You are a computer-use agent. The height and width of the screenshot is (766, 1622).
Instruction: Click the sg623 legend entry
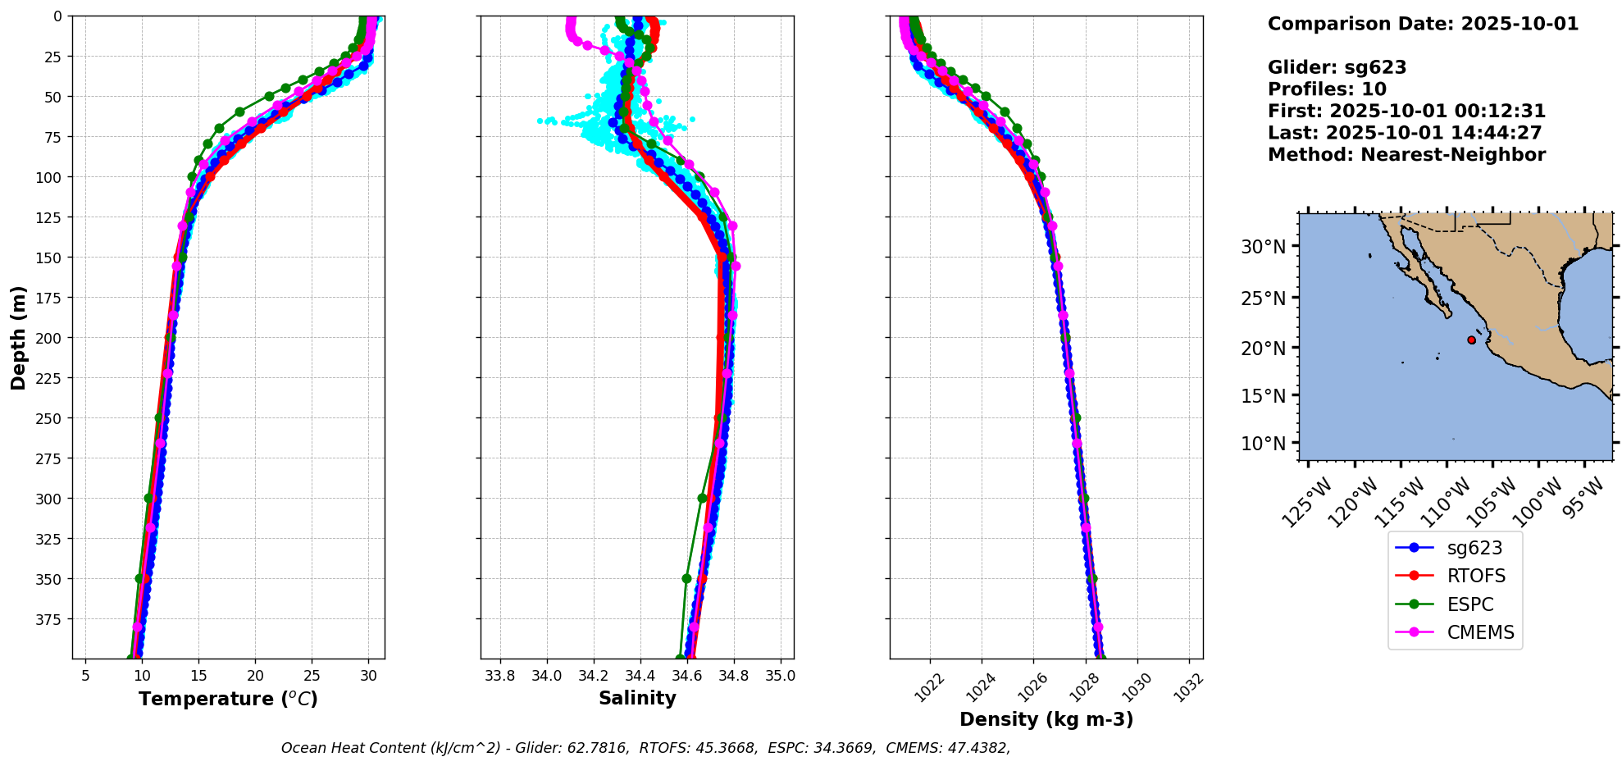coord(1474,548)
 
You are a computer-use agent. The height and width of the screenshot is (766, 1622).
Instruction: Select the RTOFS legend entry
coord(1475,576)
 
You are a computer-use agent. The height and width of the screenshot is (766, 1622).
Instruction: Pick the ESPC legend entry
coord(1469,604)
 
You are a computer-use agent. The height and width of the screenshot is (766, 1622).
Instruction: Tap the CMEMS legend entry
coord(1479,632)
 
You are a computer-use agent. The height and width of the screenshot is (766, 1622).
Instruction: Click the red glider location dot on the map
coord(1471,340)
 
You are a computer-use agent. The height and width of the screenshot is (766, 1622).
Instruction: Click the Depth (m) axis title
coord(19,337)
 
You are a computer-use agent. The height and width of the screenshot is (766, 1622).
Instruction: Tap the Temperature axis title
coord(228,699)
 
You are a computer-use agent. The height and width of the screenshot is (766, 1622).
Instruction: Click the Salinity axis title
coord(637,698)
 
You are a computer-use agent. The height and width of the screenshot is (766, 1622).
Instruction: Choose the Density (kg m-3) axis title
coord(1046,719)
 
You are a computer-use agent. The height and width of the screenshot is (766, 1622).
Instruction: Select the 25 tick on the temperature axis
coord(312,676)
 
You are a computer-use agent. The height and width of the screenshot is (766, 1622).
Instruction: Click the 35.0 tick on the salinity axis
coord(781,676)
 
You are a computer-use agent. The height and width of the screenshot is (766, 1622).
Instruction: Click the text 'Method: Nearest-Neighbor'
coord(1406,155)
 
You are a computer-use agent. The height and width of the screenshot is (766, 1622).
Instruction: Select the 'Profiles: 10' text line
coord(1327,89)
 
